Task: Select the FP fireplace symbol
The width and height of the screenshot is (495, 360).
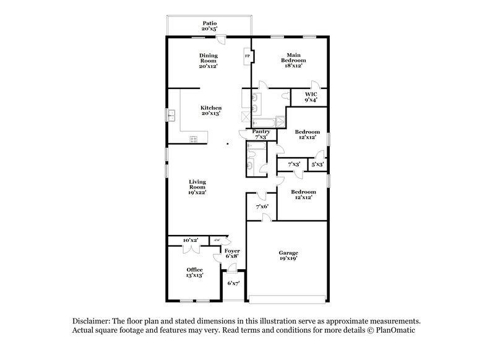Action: (x=247, y=56)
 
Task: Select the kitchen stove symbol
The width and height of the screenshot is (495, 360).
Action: (x=194, y=138)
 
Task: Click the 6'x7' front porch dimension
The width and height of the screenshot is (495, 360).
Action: (x=233, y=283)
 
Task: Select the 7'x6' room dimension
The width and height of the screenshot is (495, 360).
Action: (x=261, y=207)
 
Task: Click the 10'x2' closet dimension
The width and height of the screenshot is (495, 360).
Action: (x=190, y=240)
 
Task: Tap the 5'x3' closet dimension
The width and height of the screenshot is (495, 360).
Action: (x=317, y=164)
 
